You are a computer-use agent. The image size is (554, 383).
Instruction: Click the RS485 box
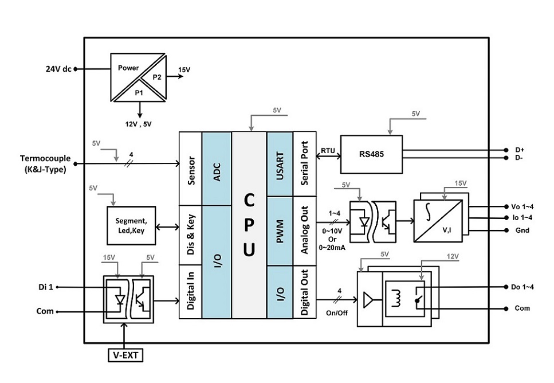pyautogui.click(x=371, y=155)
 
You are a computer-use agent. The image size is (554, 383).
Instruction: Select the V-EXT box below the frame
pyautogui.click(x=125, y=355)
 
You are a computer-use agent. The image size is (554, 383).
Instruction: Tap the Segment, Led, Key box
pyautogui.click(x=131, y=226)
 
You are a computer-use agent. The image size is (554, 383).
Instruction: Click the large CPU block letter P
pyautogui.click(x=249, y=225)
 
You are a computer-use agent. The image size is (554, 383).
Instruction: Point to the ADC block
pyautogui.click(x=217, y=169)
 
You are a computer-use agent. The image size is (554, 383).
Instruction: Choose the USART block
pyautogui.click(x=280, y=164)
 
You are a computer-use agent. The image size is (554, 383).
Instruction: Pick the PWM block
pyautogui.click(x=280, y=231)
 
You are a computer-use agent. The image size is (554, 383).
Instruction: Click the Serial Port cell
pyautogui.click(x=305, y=164)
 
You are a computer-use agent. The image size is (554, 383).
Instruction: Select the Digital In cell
pyautogui.click(x=190, y=291)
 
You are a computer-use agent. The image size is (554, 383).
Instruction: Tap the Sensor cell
pyautogui.click(x=190, y=169)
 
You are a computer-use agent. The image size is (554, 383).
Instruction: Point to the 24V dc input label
pyautogui.click(x=58, y=69)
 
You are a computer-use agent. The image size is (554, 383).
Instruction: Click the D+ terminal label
pyautogui.click(x=520, y=150)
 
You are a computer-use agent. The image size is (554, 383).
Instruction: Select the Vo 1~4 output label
pyautogui.click(x=522, y=207)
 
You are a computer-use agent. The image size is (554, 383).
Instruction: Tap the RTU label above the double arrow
pyautogui.click(x=328, y=151)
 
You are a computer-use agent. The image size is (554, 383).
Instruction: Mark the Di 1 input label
pyautogui.click(x=46, y=287)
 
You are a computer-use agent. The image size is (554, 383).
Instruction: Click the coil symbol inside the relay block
pyautogui.click(x=396, y=299)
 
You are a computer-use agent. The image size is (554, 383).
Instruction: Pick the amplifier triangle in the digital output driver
pyautogui.click(x=368, y=300)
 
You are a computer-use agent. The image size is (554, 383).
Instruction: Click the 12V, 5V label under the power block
pyautogui.click(x=139, y=124)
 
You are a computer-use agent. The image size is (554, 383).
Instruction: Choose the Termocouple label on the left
pyautogui.click(x=45, y=158)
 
